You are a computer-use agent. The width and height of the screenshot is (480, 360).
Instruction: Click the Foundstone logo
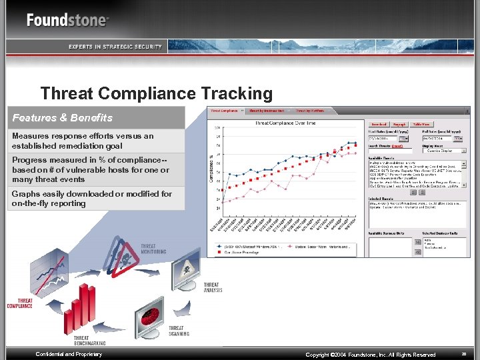(x=67, y=19)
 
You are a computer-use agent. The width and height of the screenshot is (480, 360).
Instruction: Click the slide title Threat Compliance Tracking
(x=157, y=94)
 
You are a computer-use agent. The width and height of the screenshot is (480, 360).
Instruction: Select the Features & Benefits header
(x=63, y=118)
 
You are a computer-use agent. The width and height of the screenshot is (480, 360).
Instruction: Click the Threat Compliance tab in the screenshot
(x=225, y=111)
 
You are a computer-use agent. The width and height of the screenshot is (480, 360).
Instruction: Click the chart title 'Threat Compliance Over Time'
(x=285, y=123)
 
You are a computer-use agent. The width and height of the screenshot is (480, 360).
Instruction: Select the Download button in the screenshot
(x=379, y=124)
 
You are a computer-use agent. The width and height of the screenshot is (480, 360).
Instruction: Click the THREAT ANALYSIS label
(x=211, y=288)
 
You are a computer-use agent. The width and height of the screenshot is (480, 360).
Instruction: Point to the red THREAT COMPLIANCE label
(x=20, y=304)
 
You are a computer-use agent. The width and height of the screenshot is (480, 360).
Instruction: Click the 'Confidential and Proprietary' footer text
(x=69, y=354)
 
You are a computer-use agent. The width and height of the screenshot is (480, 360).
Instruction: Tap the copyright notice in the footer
(x=370, y=355)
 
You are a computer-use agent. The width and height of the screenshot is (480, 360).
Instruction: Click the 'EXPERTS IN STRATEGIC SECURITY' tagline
(x=115, y=47)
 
